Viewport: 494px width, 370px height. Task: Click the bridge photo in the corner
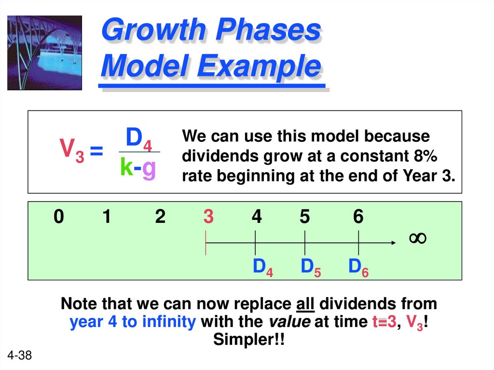(44, 53)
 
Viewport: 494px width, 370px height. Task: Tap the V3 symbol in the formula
(71, 151)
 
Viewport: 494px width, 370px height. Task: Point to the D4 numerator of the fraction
(139, 139)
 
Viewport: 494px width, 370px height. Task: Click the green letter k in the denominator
(126, 167)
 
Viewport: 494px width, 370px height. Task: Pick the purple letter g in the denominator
(149, 168)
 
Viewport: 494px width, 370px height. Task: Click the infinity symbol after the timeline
(418, 238)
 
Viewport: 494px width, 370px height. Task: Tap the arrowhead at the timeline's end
(391, 243)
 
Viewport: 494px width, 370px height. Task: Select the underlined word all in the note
(305, 304)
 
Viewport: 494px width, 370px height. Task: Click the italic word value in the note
(289, 322)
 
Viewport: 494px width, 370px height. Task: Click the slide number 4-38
(20, 356)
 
